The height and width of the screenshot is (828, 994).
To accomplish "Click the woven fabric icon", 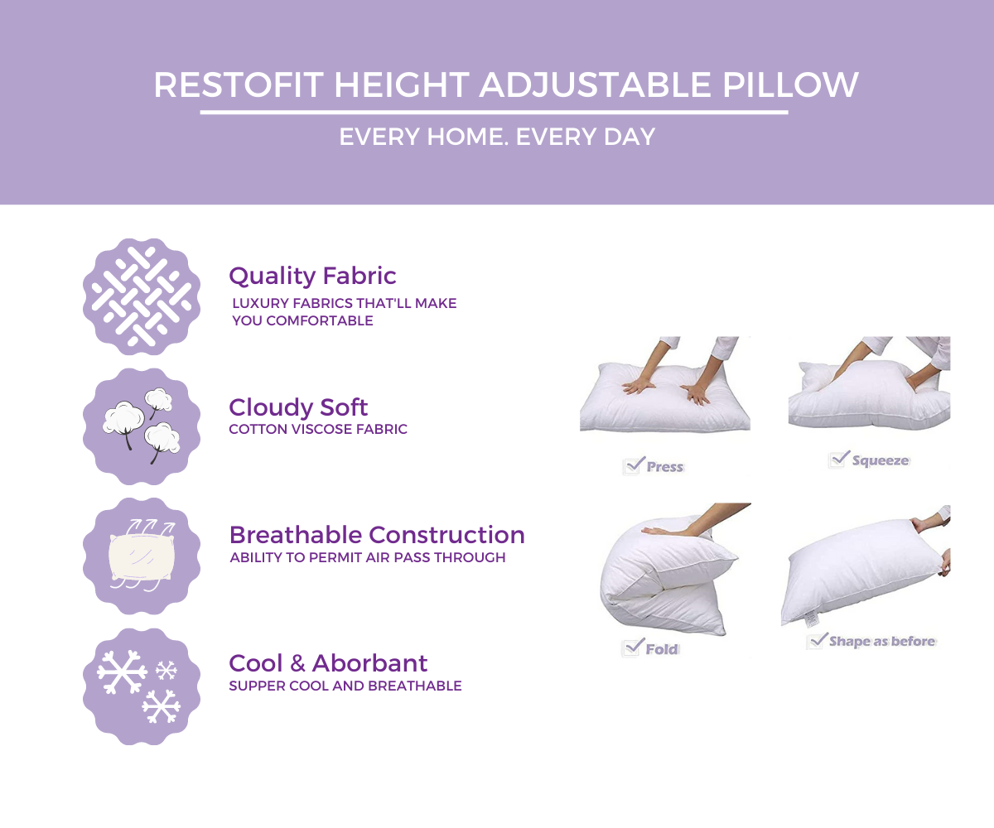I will pos(142,296).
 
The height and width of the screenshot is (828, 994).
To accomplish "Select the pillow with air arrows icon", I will pos(142,556).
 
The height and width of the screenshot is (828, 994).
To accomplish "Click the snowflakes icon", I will pos(142,686).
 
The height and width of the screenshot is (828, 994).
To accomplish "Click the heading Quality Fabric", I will pos(312,276).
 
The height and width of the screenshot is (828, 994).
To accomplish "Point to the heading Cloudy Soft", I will pos(298,407).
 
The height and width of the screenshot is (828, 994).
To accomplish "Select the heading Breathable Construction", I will pos(377,535).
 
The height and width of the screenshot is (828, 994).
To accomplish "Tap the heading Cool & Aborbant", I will pos(328,663).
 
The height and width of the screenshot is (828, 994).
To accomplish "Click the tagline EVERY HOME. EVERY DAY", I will pos(497,137).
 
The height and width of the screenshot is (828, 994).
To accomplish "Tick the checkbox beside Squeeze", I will pos(839,459).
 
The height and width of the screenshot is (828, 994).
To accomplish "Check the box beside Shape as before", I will pos(818,640).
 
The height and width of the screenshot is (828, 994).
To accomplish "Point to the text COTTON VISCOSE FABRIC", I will pos(318,430).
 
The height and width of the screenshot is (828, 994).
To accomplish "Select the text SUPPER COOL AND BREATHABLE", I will pos(345,686).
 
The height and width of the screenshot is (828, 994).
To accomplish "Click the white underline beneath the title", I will pos(494,112).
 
